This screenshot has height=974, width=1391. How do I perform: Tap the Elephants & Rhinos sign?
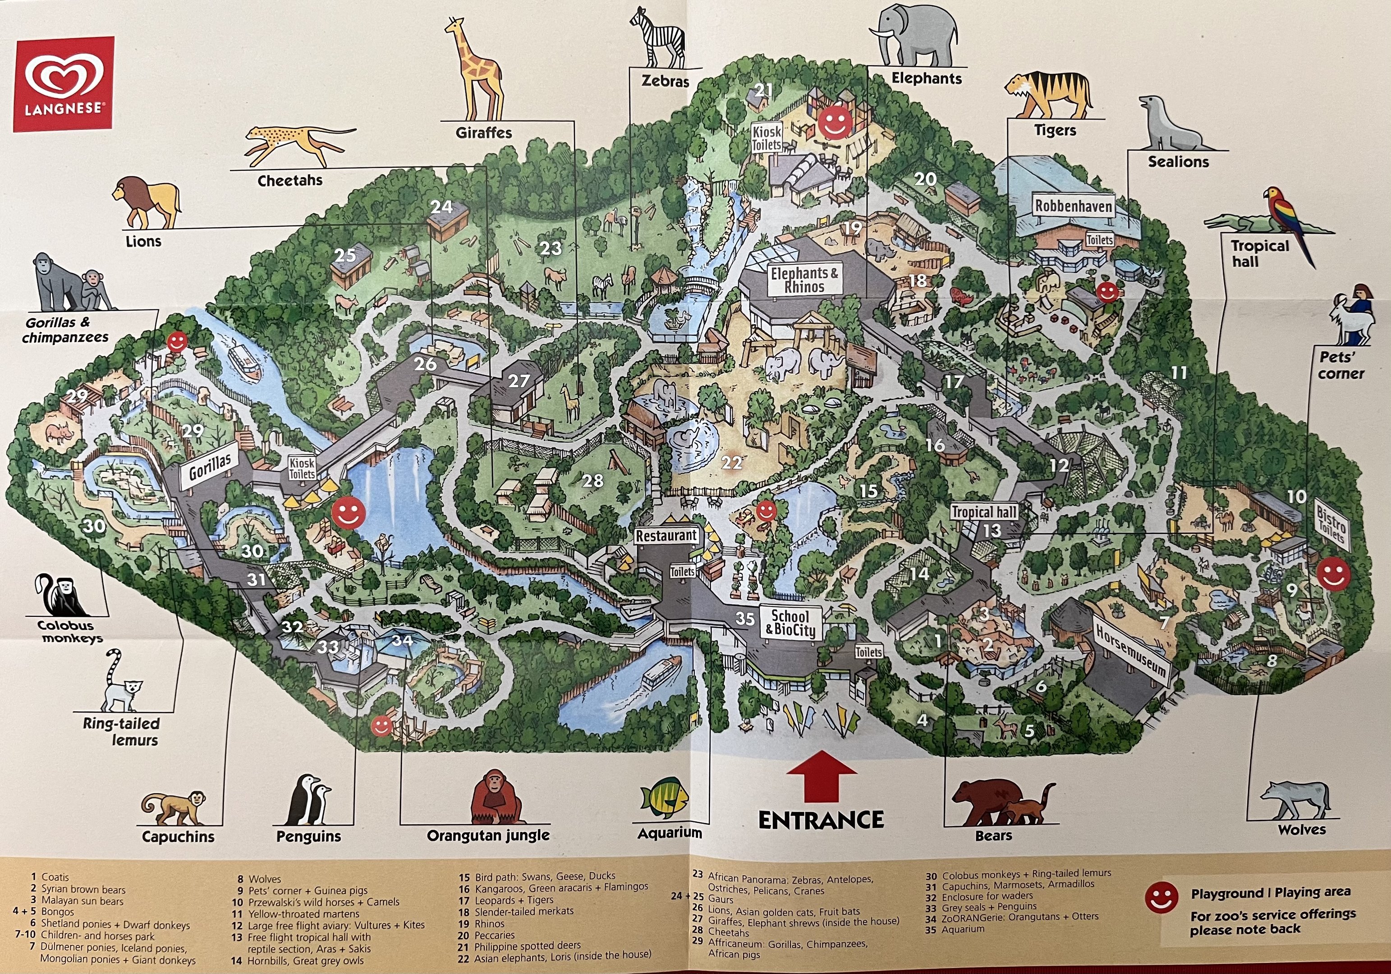coord(804,280)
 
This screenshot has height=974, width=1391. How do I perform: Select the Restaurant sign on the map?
coord(666,535)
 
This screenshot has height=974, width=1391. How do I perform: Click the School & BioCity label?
coord(790,622)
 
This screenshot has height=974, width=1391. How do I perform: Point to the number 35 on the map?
coord(744,618)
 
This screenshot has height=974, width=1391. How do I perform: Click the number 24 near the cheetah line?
coord(441,207)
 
